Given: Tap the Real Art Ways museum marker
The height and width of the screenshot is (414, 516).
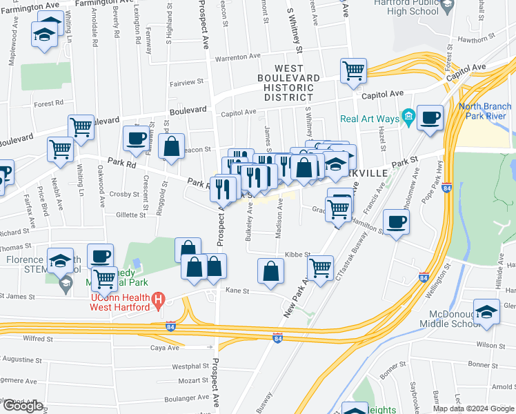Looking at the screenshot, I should [408, 119].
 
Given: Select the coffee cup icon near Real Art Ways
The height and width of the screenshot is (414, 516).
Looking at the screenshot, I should [430, 118].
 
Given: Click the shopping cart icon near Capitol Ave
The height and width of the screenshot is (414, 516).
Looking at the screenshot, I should [353, 70].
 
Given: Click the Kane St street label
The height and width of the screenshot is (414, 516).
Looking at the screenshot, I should [237, 291].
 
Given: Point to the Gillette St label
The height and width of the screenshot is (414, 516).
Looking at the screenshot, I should [130, 215].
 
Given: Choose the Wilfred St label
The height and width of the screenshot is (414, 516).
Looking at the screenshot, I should [39, 339].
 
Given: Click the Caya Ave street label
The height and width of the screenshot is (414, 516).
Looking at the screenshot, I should [166, 348].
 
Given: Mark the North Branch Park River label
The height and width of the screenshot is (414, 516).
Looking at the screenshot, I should [486, 111].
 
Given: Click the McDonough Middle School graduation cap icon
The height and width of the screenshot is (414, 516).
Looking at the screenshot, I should [486, 311].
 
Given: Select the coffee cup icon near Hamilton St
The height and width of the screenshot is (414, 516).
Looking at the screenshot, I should [397, 222].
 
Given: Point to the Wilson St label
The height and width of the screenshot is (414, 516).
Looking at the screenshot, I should [491, 345].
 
